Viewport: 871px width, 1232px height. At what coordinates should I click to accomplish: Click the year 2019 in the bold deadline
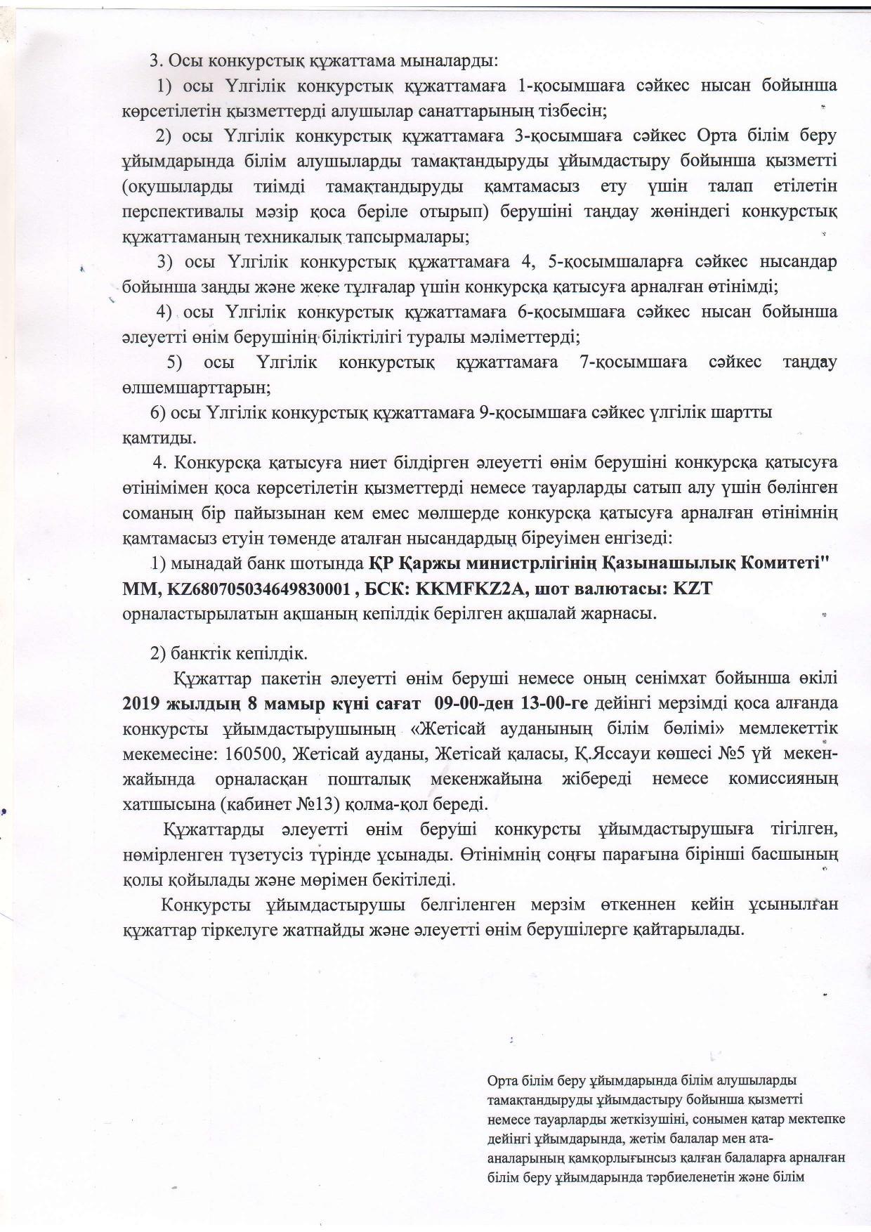[143, 702]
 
